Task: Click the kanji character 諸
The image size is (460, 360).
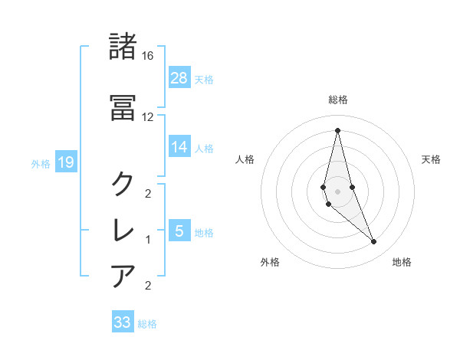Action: coord(123,46)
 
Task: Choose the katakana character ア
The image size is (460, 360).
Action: coord(123,276)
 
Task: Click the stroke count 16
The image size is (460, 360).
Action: coord(148,56)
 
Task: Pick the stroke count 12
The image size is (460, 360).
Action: coord(148,117)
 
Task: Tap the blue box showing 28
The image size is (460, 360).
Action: coord(179,77)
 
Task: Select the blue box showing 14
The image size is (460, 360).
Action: coord(179,147)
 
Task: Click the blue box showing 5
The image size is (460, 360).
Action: coord(179,231)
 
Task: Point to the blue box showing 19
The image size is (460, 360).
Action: coord(66,162)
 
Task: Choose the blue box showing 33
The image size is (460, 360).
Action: coord(123,322)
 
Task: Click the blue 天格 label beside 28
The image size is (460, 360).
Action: coord(204,79)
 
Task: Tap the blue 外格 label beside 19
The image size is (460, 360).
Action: coord(41,163)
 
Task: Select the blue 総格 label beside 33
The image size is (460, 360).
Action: coord(147,324)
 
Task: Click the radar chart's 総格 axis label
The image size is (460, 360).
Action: coord(338,100)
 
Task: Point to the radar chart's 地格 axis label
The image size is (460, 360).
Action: coord(402,262)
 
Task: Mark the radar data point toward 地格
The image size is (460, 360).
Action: coord(373,242)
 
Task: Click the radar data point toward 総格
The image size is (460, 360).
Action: coord(337,130)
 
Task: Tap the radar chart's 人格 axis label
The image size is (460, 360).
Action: coord(245,159)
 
